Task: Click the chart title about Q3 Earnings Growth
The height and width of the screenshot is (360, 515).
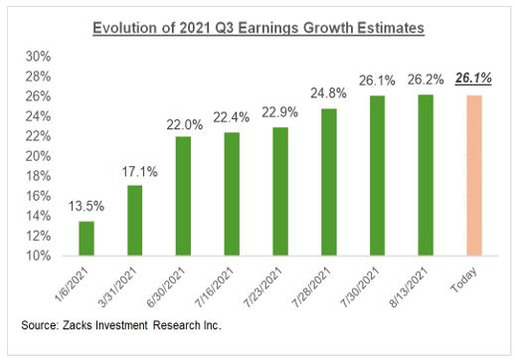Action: (257, 28)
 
